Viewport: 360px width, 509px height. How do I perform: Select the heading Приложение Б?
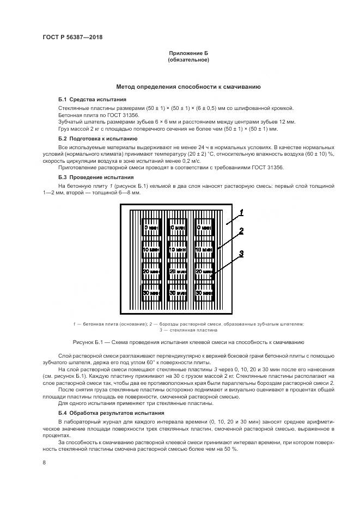pyautogui.click(x=188, y=53)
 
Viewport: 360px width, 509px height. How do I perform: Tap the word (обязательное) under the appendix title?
pyautogui.click(x=188, y=60)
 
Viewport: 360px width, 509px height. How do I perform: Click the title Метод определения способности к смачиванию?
pyautogui.click(x=188, y=87)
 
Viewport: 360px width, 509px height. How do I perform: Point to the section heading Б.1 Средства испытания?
pyautogui.click(x=92, y=100)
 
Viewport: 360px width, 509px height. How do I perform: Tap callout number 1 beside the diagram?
pyautogui.click(x=241, y=212)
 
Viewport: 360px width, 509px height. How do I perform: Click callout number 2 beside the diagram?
pyautogui.click(x=241, y=231)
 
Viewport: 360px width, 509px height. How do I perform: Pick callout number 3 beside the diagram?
pyautogui.click(x=240, y=254)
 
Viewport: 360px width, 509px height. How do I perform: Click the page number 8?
pyautogui.click(x=44, y=462)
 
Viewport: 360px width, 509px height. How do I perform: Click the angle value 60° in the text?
pyautogui.click(x=167, y=362)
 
